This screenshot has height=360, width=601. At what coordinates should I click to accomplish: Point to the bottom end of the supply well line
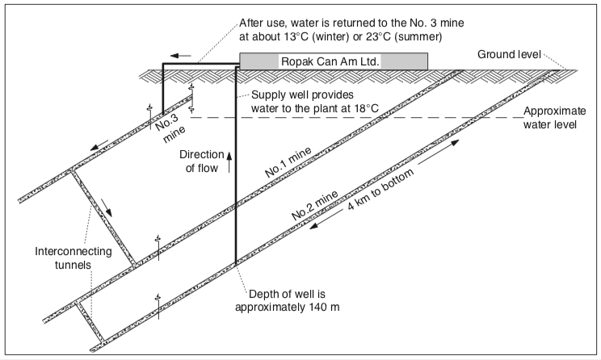click(235, 263)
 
